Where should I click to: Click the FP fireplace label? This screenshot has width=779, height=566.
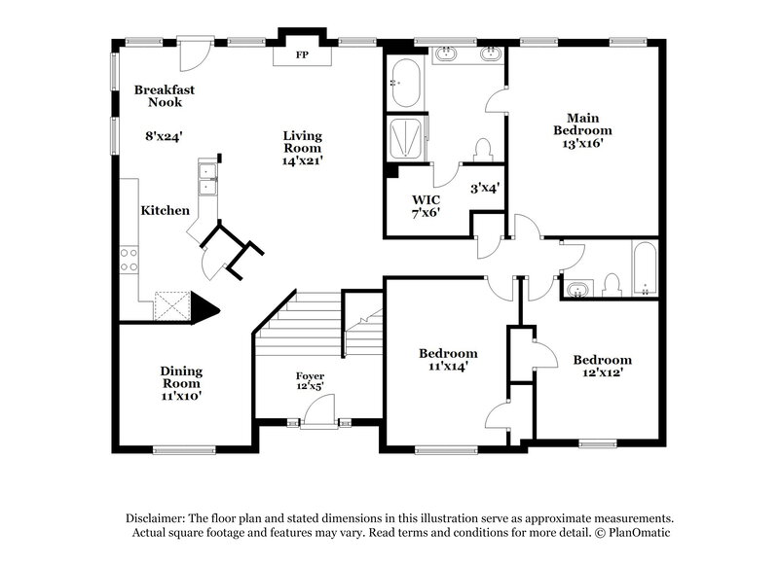click(302, 55)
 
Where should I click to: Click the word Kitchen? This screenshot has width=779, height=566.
click(165, 210)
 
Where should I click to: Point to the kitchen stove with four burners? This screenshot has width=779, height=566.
click(129, 260)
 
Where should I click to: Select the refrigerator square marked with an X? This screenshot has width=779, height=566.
click(173, 305)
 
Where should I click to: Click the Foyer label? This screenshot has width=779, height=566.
click(311, 375)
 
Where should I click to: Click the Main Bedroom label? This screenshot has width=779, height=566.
click(582, 124)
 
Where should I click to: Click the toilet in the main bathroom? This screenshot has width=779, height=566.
click(482, 150)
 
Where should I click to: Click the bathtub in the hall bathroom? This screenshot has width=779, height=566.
click(645, 269)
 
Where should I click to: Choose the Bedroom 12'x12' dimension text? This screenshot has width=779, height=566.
click(602, 372)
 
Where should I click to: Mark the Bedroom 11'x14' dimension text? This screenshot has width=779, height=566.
click(448, 367)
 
